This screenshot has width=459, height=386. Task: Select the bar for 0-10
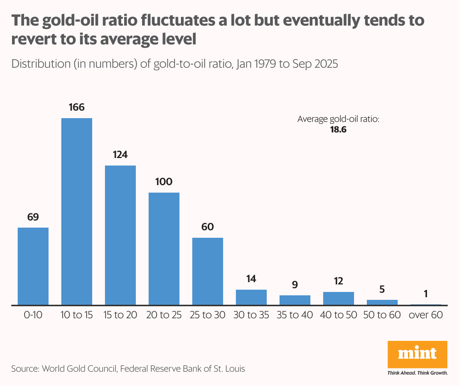coord(33,266)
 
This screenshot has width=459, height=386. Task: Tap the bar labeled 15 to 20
coord(120,235)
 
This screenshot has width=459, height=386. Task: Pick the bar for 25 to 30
coord(208,271)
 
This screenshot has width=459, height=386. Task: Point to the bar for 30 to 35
coord(251,297)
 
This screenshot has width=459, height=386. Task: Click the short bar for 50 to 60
coord(382,302)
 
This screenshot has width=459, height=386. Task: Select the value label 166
coord(77,108)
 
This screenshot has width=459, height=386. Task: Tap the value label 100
coord(164,182)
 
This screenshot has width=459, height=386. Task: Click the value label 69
coord(33,217)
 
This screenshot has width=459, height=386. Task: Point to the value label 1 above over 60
coord(426,294)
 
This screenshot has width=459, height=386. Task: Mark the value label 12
coord(339,281)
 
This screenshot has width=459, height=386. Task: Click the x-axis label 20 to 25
coord(164,315)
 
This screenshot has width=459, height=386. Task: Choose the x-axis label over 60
coord(426,315)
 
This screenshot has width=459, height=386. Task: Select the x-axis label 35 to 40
coord(295,315)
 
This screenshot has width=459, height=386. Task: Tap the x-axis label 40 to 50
coord(339,315)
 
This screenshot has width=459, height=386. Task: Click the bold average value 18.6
coord(338,130)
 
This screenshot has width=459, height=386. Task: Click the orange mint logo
coord(417,354)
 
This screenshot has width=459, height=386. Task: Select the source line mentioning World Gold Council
coord(128,369)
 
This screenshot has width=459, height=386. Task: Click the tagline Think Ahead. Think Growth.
coord(417,373)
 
